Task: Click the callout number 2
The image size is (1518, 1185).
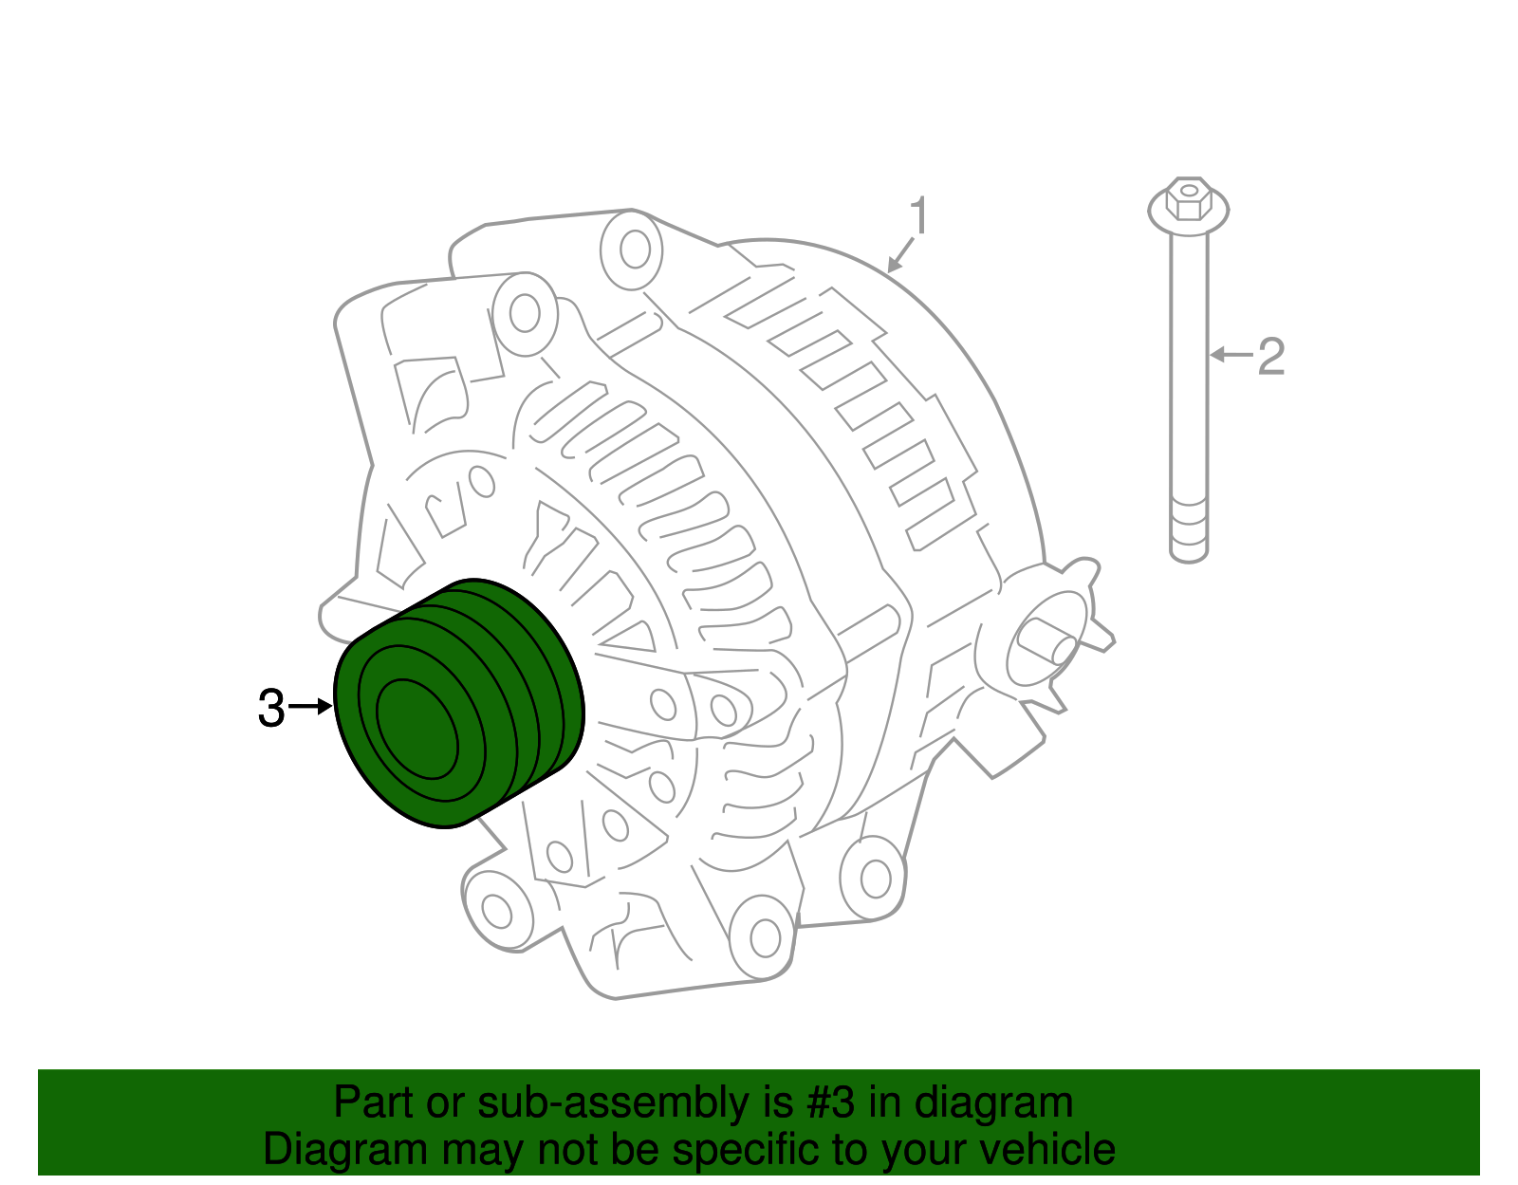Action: (x=1270, y=356)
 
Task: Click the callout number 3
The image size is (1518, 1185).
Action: (x=271, y=708)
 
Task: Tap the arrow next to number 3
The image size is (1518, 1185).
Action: (x=310, y=707)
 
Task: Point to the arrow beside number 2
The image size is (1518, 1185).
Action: (x=1231, y=355)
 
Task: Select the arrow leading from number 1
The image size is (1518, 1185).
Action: (x=900, y=255)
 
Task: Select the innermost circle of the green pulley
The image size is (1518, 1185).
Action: (x=417, y=729)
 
